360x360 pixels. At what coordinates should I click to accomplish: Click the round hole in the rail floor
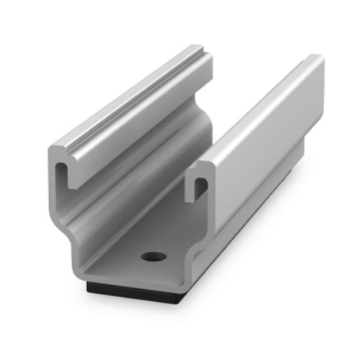click(152, 257)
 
